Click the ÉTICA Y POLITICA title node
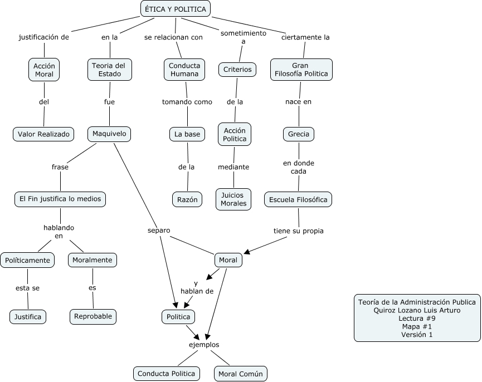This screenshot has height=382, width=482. [x=175, y=9]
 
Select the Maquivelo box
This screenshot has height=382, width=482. [x=109, y=134]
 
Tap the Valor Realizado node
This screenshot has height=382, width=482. [x=43, y=134]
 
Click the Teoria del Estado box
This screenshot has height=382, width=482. [x=109, y=70]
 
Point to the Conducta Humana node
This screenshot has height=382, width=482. [x=185, y=70]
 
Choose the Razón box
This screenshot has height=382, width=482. [x=187, y=199]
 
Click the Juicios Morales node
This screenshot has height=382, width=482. [x=233, y=199]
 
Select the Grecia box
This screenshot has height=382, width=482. [x=299, y=134]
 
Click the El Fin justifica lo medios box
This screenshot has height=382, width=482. [x=60, y=199]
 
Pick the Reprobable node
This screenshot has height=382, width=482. [x=93, y=316]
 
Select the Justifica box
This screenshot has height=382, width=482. [x=28, y=317]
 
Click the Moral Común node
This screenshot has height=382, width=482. [x=240, y=373]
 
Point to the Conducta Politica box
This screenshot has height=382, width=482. [x=166, y=373]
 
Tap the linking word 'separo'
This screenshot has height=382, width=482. [x=159, y=230]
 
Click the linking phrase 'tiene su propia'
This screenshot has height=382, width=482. [x=298, y=231]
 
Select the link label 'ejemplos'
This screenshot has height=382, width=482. [x=204, y=344]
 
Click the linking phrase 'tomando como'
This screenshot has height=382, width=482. [x=187, y=102]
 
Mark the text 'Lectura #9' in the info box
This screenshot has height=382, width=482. [x=417, y=319]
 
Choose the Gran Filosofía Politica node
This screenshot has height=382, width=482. [x=301, y=70]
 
